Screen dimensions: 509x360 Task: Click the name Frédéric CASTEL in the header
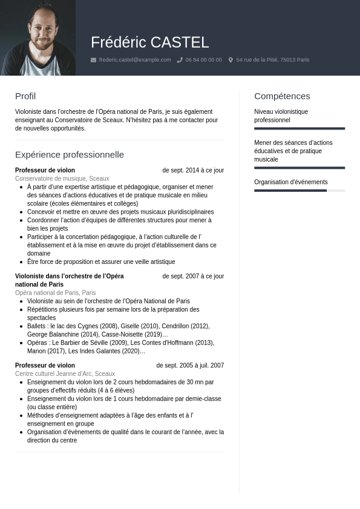149,42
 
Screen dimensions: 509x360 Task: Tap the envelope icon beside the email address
93,60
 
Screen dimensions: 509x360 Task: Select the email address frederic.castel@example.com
135,60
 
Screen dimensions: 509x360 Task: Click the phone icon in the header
180,60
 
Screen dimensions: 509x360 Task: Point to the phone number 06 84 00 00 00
203,60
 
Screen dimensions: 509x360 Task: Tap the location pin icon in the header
231,60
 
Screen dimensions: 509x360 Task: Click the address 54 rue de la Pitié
272,60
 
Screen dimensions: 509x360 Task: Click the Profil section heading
25,96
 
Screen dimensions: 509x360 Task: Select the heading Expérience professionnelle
70,155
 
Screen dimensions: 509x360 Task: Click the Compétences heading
282,96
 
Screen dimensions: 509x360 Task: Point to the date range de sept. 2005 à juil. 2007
190,366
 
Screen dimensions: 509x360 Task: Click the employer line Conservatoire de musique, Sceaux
62,179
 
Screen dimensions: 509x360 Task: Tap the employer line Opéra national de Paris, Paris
56,293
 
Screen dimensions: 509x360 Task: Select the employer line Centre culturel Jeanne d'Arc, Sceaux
65,374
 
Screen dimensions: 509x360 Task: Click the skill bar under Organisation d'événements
299,191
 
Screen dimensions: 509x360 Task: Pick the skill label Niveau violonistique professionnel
281,116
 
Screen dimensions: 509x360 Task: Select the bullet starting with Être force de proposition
101,262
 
